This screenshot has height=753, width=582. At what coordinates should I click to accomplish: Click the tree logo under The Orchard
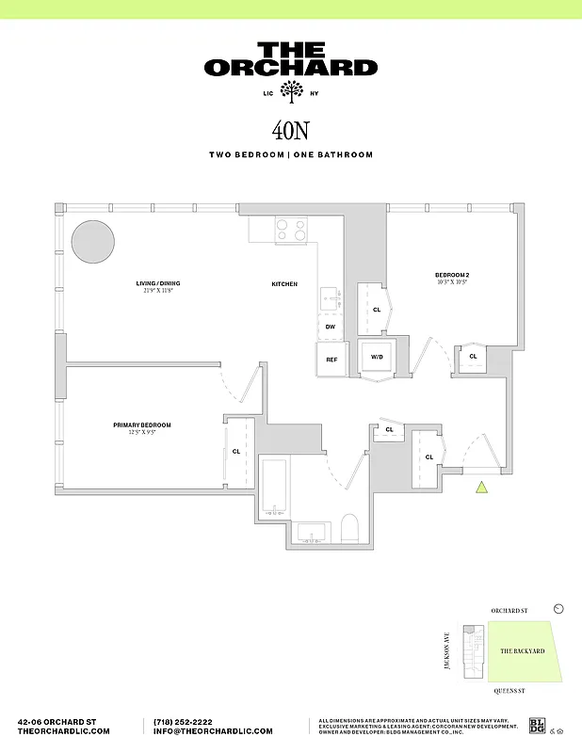[x=292, y=92]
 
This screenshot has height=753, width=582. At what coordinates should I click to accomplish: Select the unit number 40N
[x=291, y=130]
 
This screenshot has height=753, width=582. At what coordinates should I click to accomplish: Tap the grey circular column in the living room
[x=91, y=241]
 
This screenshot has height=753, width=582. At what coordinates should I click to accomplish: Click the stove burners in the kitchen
[x=291, y=229]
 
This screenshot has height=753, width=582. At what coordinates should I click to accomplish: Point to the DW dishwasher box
[x=331, y=327]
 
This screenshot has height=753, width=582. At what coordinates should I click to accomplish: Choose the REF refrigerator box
[x=331, y=360]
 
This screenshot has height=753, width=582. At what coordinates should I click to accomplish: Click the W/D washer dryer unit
[x=377, y=358]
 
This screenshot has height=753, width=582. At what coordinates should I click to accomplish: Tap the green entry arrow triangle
[x=481, y=487]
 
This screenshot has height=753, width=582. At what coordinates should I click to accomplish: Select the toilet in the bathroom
[x=349, y=528]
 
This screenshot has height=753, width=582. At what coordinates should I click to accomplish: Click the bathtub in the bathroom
[x=275, y=488]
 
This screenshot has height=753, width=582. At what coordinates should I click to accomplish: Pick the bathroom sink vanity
[x=312, y=533]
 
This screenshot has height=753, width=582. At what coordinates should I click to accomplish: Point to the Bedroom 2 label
[x=452, y=275]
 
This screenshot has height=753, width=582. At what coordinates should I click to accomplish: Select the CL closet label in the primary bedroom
[x=235, y=451]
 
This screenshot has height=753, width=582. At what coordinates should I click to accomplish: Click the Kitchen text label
[x=284, y=283]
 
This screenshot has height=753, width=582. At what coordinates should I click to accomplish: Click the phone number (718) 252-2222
[x=188, y=721]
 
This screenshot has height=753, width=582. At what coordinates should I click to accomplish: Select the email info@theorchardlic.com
[x=213, y=731]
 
